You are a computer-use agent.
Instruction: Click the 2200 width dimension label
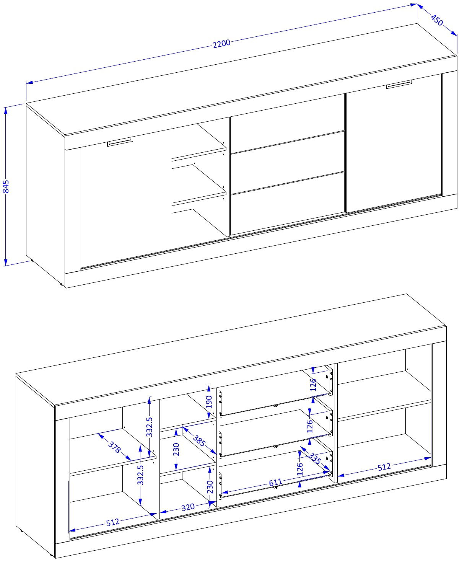(x=221, y=44)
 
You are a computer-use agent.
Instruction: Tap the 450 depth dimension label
(x=437, y=20)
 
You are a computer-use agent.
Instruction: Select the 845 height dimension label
(x=6, y=186)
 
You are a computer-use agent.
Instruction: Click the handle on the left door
(x=120, y=142)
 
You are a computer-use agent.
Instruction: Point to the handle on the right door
(x=399, y=84)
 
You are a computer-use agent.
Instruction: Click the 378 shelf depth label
(x=115, y=447)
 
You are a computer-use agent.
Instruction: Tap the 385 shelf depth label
(x=199, y=441)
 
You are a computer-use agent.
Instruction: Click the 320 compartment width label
(x=188, y=507)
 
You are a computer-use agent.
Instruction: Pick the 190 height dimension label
(x=209, y=402)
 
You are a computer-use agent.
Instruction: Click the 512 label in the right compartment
(x=384, y=467)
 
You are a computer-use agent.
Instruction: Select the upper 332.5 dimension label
(x=149, y=427)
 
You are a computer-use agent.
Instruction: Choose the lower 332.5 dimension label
(x=140, y=475)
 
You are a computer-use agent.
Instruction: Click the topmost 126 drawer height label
(x=313, y=385)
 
